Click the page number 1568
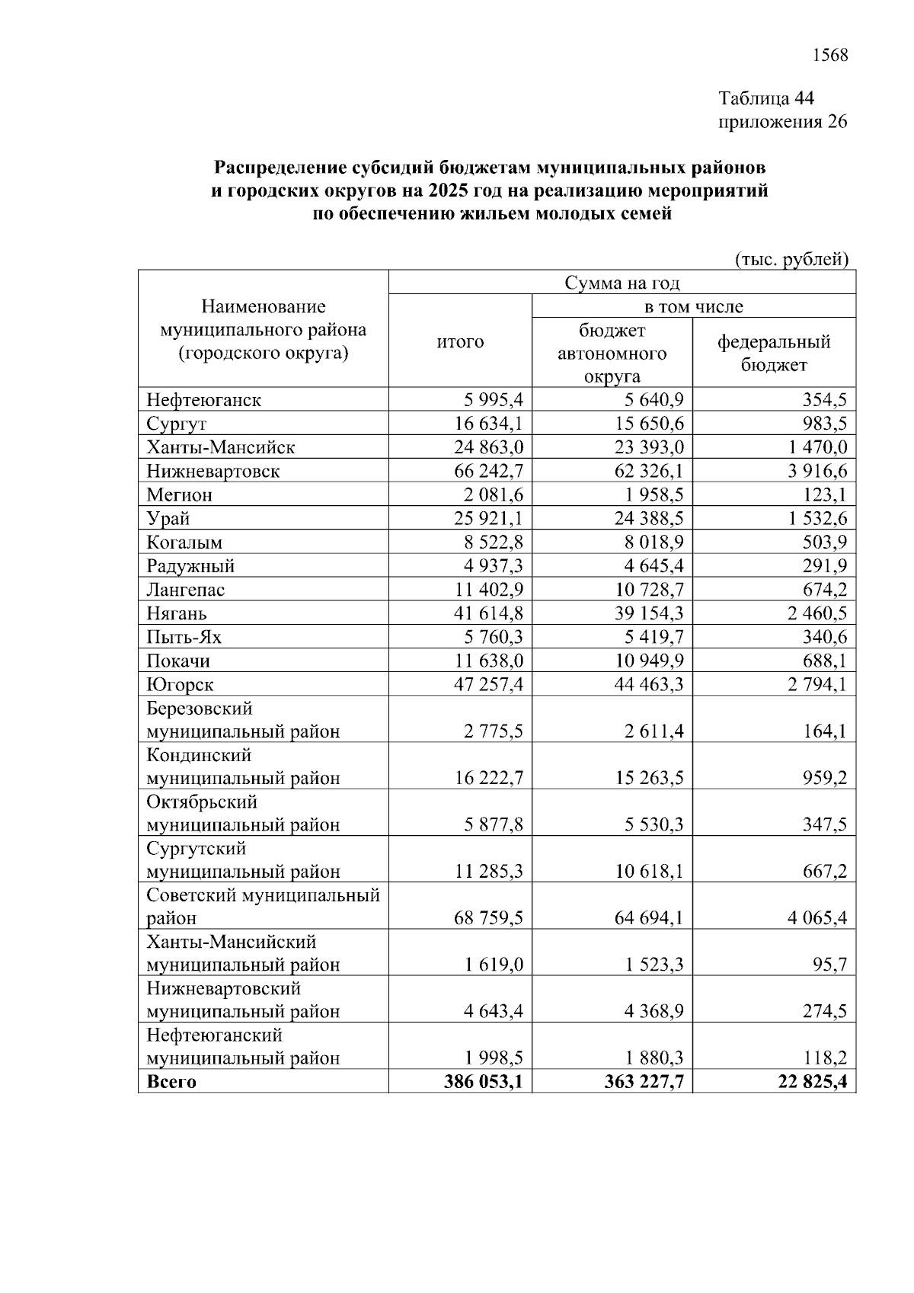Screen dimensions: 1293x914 click(830, 55)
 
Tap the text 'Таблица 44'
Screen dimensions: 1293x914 click(766, 98)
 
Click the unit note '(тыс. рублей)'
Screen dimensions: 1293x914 click(791, 260)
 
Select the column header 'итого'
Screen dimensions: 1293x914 click(460, 341)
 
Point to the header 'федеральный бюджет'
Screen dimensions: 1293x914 click(774, 353)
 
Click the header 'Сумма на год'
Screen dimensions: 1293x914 click(622, 283)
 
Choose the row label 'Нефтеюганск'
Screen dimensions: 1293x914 click(203, 400)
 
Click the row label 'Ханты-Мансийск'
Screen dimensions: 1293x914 click(221, 447)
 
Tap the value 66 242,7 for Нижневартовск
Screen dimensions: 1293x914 click(489, 471)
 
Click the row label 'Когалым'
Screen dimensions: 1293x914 click(184, 542)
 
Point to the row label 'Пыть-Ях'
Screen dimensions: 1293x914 click(184, 637)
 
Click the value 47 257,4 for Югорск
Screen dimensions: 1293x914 click(489, 684)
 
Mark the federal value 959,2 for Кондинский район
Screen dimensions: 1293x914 click(825, 778)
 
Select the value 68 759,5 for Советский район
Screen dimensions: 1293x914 click(489, 918)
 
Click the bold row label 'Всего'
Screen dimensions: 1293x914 click(171, 1082)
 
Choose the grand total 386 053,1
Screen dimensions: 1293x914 click(484, 1082)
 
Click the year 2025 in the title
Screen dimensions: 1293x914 click(447, 190)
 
